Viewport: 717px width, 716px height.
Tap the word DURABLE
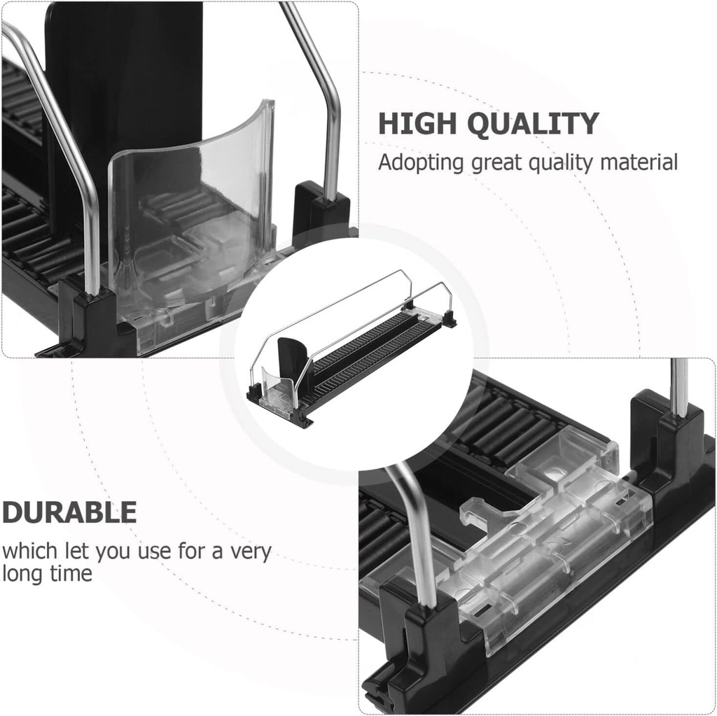pyautogui.click(x=69, y=513)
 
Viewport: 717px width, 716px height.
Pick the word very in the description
pyautogui.click(x=249, y=551)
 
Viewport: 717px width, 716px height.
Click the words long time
pyautogui.click(x=47, y=574)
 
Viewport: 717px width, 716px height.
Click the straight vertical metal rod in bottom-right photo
pyautogui.click(x=678, y=385)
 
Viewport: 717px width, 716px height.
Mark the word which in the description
pyautogui.click(x=28, y=551)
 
